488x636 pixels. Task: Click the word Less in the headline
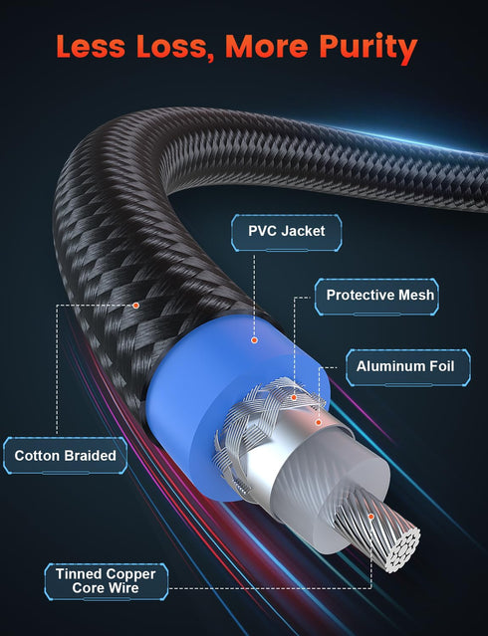pos(91,46)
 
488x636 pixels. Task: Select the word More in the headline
pos(266,46)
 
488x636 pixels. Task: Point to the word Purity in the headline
pos(367,48)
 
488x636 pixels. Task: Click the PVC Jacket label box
pos(286,233)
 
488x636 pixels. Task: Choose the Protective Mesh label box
pos(376,297)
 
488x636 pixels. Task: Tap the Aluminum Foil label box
pos(408,367)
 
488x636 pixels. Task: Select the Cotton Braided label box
pos(65,456)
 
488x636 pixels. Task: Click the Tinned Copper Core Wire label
pos(106,581)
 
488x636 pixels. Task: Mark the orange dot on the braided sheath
pos(136,306)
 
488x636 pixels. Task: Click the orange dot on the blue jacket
pos(254,340)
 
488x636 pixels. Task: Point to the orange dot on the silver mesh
pos(294,397)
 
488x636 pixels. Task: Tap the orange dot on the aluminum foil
pos(319,423)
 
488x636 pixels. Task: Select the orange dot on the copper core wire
pos(370,517)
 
